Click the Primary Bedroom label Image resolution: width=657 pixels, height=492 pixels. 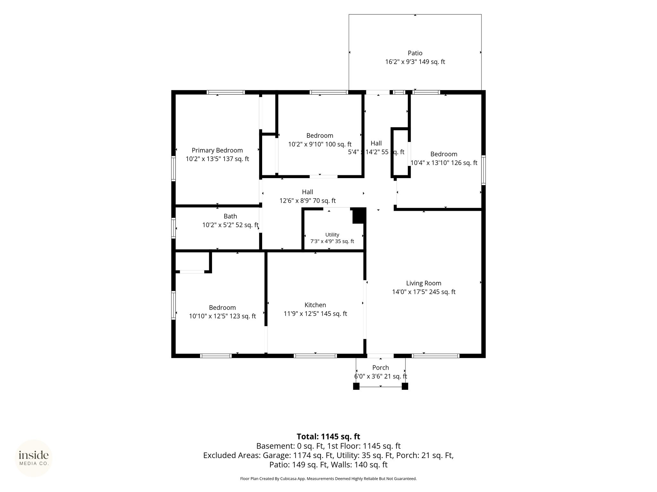(x=217, y=150)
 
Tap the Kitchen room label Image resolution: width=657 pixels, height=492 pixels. (x=315, y=305)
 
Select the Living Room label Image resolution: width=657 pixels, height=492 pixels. (x=423, y=283)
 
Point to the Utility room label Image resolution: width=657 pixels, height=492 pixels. (x=332, y=235)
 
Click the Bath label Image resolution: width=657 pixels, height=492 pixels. (x=230, y=216)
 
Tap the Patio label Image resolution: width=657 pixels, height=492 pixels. (x=415, y=53)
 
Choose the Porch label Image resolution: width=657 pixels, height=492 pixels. (x=380, y=367)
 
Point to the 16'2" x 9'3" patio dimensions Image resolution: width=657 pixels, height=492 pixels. (x=401, y=62)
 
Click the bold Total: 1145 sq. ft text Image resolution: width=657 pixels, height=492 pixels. (x=328, y=437)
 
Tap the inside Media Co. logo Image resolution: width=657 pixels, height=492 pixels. (x=34, y=458)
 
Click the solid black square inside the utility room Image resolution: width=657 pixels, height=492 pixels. (x=359, y=216)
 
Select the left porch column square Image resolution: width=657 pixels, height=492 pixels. (x=356, y=386)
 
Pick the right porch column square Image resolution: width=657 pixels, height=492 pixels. (x=405, y=386)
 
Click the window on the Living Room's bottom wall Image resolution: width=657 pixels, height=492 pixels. (x=435, y=356)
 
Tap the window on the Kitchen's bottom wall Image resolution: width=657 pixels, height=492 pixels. (x=315, y=356)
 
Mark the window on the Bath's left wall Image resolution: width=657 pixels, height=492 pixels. (x=174, y=228)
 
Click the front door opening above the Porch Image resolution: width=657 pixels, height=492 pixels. (x=380, y=356)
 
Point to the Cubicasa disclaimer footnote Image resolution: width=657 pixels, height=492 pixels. (x=328, y=479)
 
